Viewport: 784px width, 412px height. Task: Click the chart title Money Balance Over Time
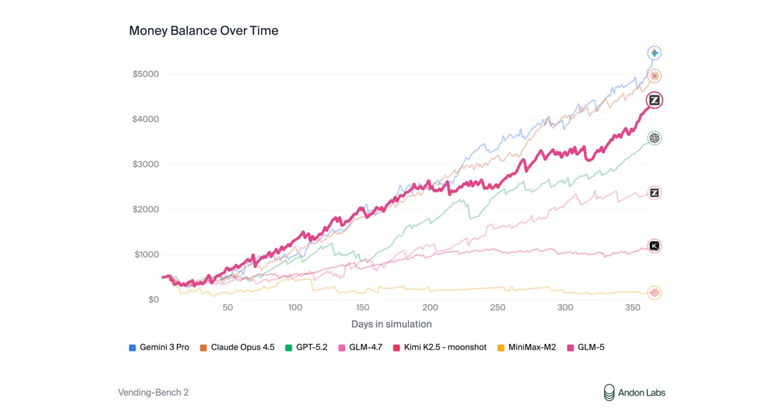pyautogui.click(x=204, y=31)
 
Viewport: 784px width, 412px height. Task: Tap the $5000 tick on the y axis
pyautogui.click(x=146, y=74)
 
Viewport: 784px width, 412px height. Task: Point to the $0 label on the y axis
pyautogui.click(x=154, y=300)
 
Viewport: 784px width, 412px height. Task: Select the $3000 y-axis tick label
pyautogui.click(x=146, y=164)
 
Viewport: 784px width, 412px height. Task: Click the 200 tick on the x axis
pyautogui.click(x=430, y=307)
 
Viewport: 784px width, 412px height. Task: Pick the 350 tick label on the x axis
pyautogui.click(x=633, y=307)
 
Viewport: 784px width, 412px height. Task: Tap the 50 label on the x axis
pyautogui.click(x=227, y=307)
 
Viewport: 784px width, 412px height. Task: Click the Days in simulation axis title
pyautogui.click(x=391, y=324)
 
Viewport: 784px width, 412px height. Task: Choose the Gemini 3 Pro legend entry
pyautogui.click(x=159, y=347)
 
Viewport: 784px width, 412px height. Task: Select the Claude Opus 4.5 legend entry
pyautogui.click(x=237, y=347)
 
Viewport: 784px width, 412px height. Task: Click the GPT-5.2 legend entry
pyautogui.click(x=306, y=347)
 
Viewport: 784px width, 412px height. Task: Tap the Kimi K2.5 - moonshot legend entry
pyautogui.click(x=440, y=347)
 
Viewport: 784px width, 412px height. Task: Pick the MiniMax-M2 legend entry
pyautogui.click(x=527, y=347)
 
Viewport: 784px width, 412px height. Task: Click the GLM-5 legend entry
pyautogui.click(x=585, y=347)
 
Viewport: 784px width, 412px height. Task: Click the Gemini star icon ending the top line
pyautogui.click(x=654, y=53)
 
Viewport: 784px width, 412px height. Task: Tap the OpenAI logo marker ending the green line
pyautogui.click(x=654, y=138)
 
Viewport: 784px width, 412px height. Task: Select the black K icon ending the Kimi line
pyautogui.click(x=654, y=246)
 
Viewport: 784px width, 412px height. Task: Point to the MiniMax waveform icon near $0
pyautogui.click(x=654, y=292)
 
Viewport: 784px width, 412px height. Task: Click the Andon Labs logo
pyautogui.click(x=634, y=393)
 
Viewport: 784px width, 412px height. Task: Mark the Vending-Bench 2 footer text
pyautogui.click(x=154, y=392)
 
